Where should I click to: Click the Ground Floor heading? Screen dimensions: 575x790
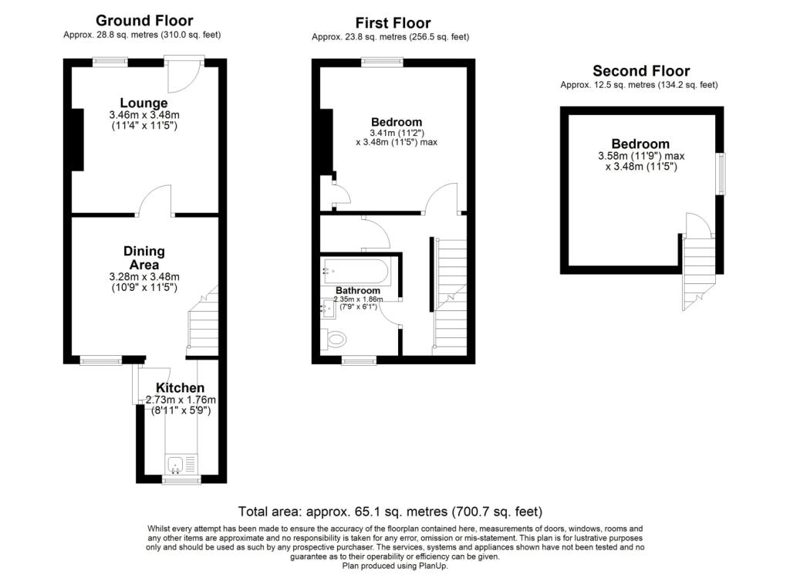coord(144,21)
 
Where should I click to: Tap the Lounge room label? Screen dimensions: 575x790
coord(143,103)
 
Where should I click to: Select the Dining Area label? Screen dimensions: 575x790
coord(144,258)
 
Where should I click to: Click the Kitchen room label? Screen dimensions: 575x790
coord(181,387)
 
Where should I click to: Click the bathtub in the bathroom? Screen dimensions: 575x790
coord(356,271)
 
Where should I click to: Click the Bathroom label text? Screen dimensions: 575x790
coord(357,290)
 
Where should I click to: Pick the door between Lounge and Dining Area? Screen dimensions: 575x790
coord(155,202)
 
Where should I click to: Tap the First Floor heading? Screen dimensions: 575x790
coord(393,23)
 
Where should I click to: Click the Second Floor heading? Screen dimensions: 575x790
coord(640,71)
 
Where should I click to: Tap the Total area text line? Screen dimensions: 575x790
coord(390,511)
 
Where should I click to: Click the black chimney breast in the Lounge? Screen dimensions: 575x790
coord(78,140)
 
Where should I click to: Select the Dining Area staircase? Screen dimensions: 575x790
coord(204,324)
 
